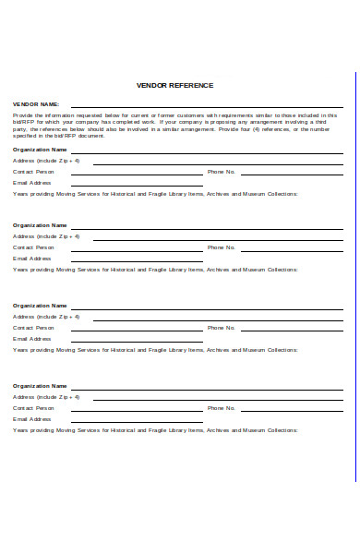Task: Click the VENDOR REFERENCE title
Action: tap(174, 85)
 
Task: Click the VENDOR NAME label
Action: tap(36, 104)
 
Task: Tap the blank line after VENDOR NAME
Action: tap(207, 107)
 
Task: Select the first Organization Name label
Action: tap(40, 149)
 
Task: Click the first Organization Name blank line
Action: tap(207, 152)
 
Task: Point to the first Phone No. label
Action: tap(222, 172)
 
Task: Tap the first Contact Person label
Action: tap(33, 172)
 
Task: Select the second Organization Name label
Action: tap(40, 224)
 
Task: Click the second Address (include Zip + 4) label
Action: tap(46, 236)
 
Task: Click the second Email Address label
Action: tap(32, 259)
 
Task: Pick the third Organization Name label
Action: tap(40, 305)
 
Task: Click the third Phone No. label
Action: tap(222, 328)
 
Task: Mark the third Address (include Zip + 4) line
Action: tap(218, 319)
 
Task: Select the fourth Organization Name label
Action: tap(40, 385)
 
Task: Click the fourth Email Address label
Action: tap(32, 418)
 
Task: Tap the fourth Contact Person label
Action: tap(33, 407)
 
